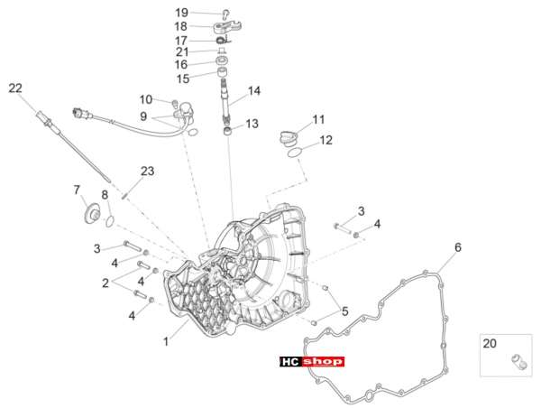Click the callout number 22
pos(15,88)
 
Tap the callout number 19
pos(181,13)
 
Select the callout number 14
pos(254,91)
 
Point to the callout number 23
pos(147,171)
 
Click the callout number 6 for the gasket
pos(458,247)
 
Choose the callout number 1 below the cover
pos(166,342)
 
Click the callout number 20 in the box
pos(490,343)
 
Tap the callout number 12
pos(326,140)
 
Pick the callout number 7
pos(77,190)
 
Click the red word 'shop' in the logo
pos(324,362)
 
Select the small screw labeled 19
pos(226,13)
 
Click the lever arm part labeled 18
pos(226,26)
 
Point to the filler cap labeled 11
pos(289,138)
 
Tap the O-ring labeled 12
pos(296,153)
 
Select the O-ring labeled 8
pos(110,221)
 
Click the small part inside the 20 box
pos(519,361)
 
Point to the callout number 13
pos(252,124)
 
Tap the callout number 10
pos(146,100)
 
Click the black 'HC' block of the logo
pos(291,362)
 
